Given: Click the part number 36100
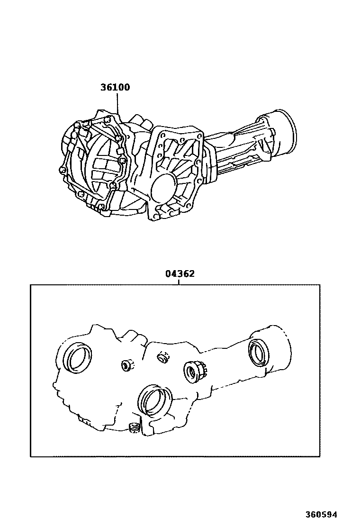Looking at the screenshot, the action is [x=115, y=87].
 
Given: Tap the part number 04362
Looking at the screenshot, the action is [x=180, y=273].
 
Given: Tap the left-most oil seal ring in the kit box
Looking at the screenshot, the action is [x=78, y=357].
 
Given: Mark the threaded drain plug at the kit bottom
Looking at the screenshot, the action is [x=134, y=428].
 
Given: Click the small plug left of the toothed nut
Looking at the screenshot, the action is [x=163, y=358].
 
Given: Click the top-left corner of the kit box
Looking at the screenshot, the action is [x=31, y=285].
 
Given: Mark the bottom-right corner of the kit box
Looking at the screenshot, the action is [x=320, y=456].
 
